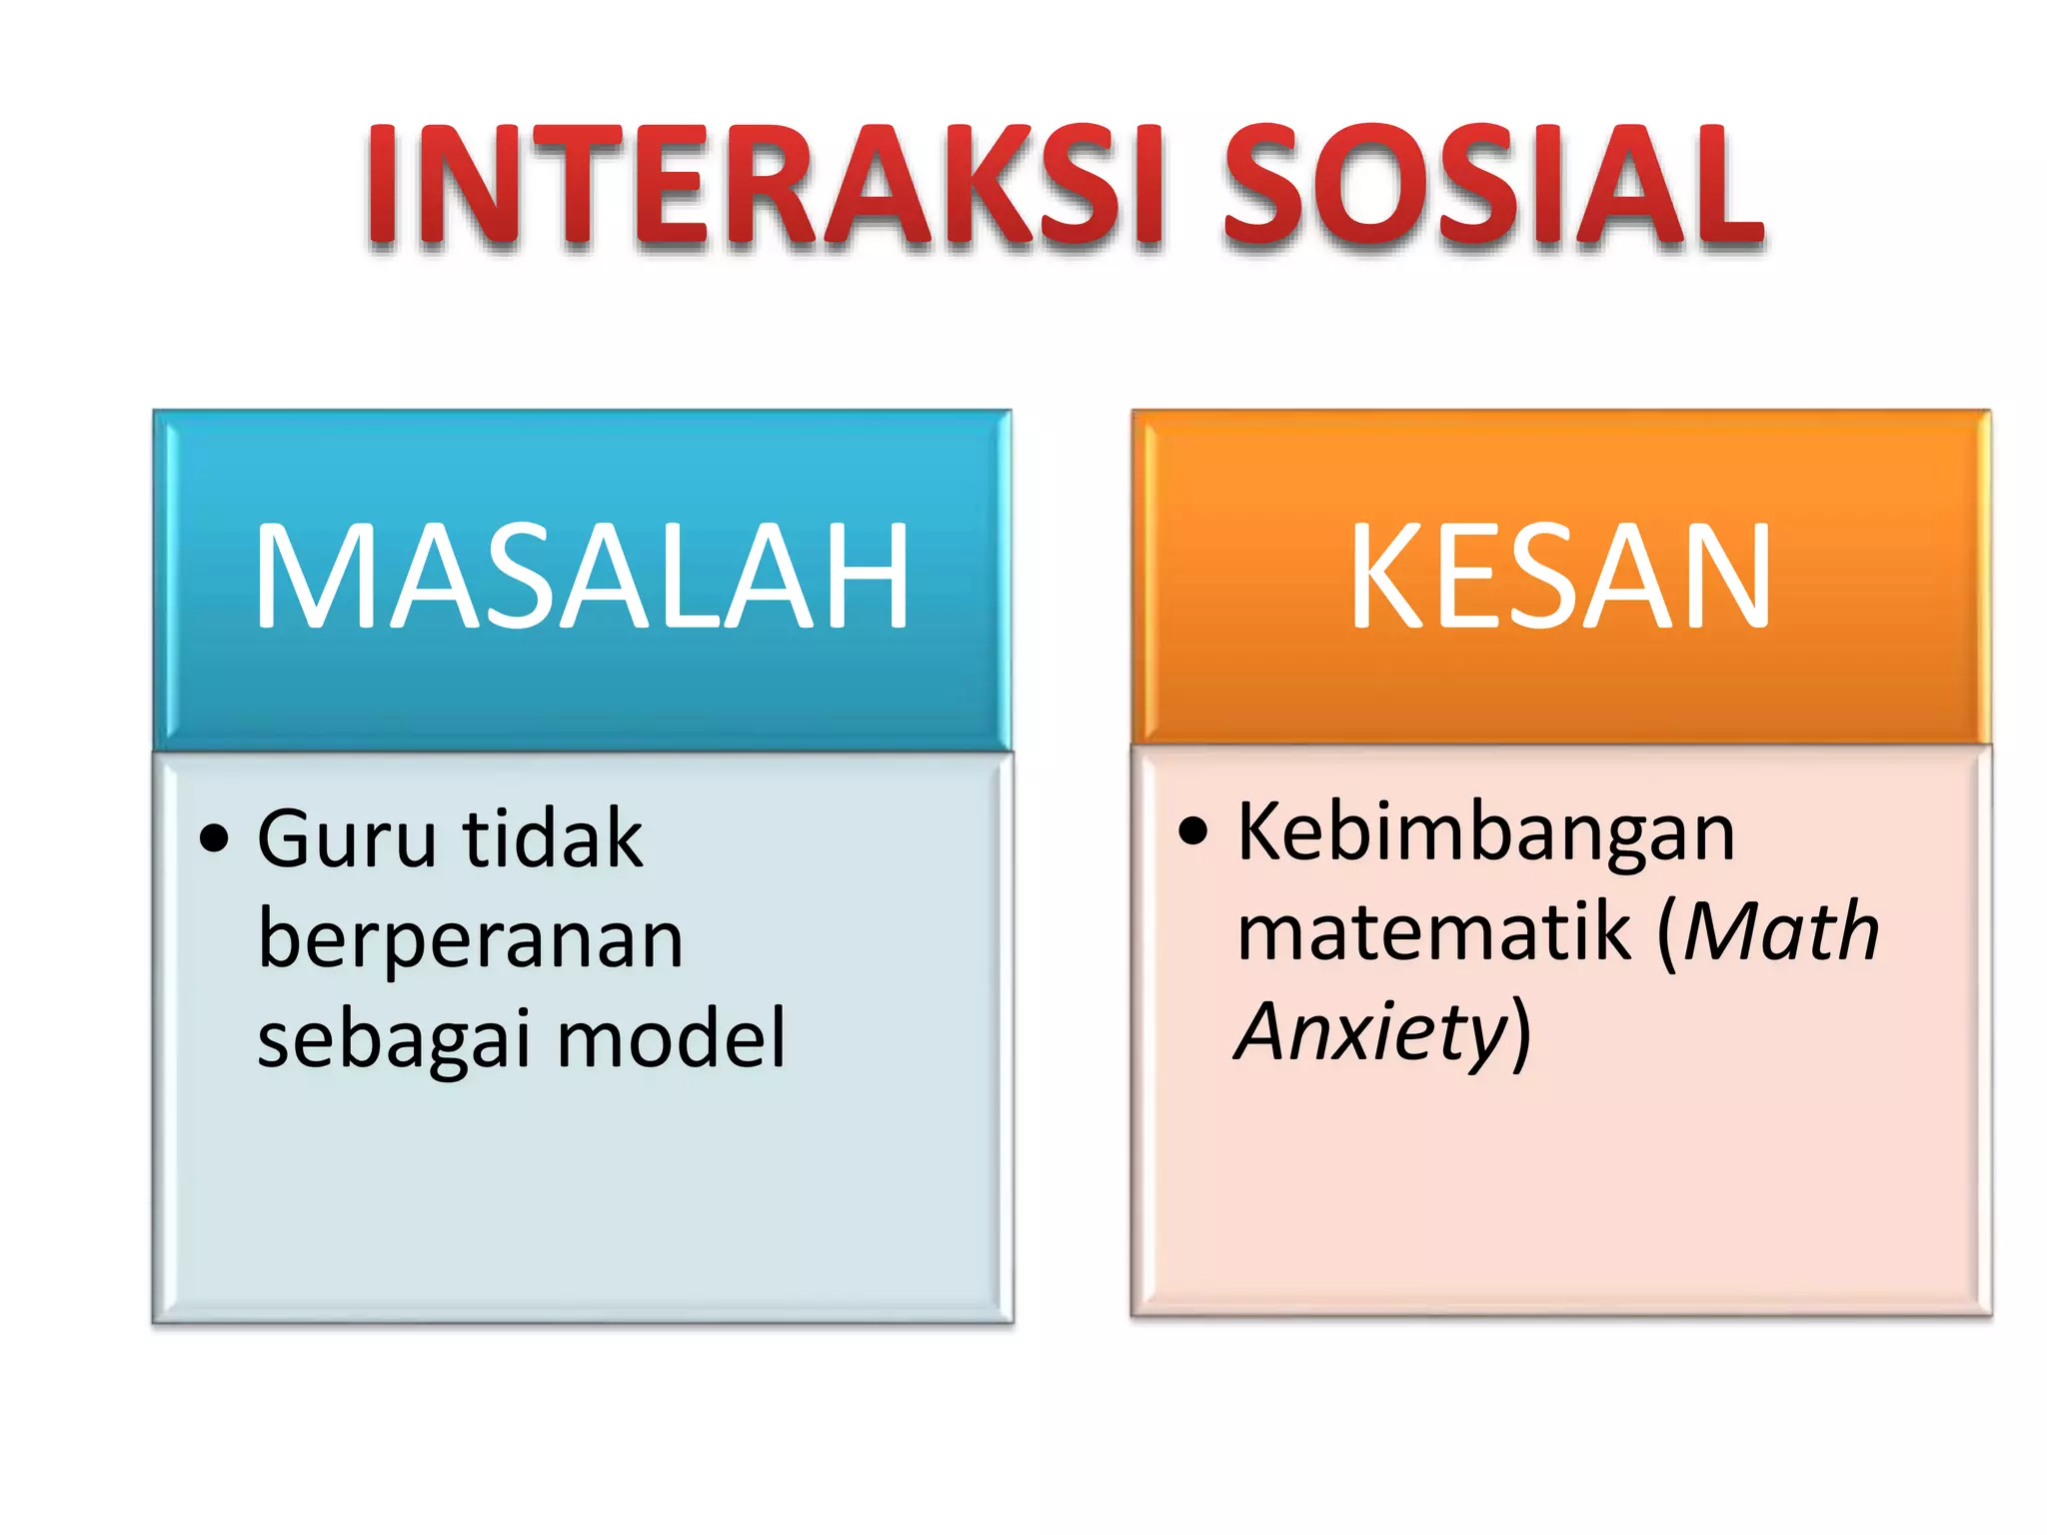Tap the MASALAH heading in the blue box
click(582, 578)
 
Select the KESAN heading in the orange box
click(1560, 578)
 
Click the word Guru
click(347, 839)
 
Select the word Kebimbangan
click(1485, 832)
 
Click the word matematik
click(1433, 931)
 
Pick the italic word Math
click(1780, 931)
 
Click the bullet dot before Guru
click(214, 837)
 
